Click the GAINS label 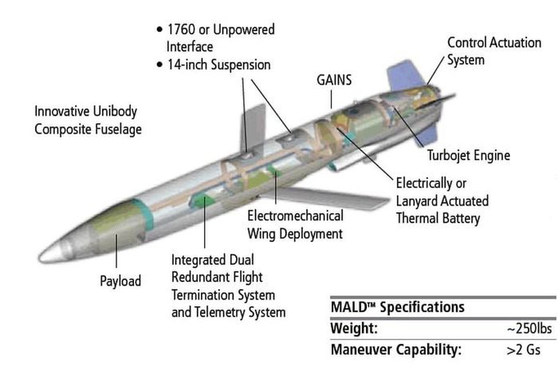click(x=334, y=80)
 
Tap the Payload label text click(x=120, y=281)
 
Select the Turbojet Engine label click(x=469, y=155)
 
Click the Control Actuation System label click(x=494, y=51)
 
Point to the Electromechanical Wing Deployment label click(x=296, y=225)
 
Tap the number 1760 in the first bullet click(x=181, y=29)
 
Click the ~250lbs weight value click(x=529, y=329)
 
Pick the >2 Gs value click(x=523, y=350)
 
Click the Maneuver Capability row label click(x=396, y=350)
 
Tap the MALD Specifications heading click(x=398, y=307)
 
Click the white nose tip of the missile click(x=48, y=253)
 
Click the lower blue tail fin click(x=426, y=135)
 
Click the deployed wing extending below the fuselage click(x=324, y=198)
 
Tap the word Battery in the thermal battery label click(x=462, y=218)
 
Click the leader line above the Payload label click(x=116, y=251)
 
